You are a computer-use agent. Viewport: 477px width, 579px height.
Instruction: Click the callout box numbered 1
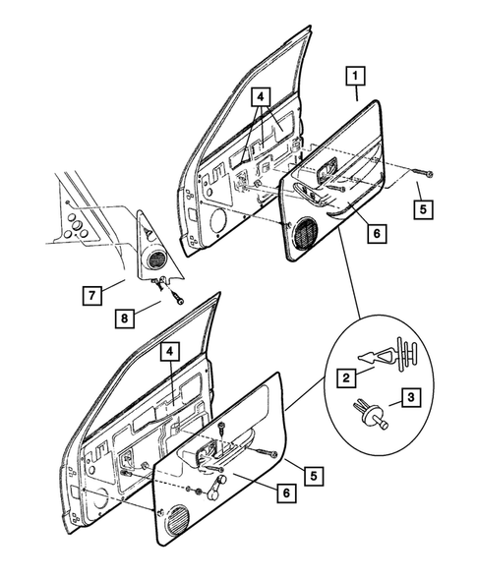(x=355, y=76)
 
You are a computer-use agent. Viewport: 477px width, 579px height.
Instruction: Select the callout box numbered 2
(x=346, y=377)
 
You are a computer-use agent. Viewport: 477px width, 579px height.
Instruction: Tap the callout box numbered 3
(x=411, y=397)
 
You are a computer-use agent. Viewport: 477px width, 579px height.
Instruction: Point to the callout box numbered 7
(x=92, y=295)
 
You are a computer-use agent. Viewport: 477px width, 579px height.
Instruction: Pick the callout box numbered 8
(x=125, y=318)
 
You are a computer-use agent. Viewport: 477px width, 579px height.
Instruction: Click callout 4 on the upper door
(x=261, y=96)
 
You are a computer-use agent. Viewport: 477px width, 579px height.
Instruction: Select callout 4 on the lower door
(x=169, y=352)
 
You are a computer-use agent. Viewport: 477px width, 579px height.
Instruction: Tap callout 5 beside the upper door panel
(x=423, y=209)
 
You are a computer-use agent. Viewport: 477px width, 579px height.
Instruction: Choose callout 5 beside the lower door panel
(x=314, y=476)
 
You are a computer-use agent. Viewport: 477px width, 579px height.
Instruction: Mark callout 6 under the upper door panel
(x=377, y=233)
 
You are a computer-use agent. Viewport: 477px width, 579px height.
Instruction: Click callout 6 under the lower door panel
(x=287, y=492)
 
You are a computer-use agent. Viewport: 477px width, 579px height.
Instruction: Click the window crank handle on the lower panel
(x=218, y=488)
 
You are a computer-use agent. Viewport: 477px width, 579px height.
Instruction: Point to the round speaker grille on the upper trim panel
(x=305, y=235)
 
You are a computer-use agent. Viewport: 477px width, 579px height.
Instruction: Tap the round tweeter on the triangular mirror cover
(x=157, y=259)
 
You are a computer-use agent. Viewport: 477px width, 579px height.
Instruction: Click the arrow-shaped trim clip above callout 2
(x=388, y=354)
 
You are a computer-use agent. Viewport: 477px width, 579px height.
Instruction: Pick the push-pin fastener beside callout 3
(x=371, y=414)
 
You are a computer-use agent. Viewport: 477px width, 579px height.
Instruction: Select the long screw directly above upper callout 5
(x=421, y=172)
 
